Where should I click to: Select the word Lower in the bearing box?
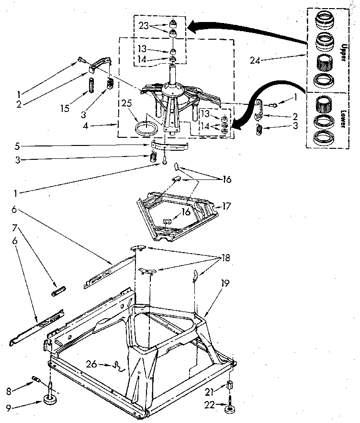pyautogui.click(x=343, y=118)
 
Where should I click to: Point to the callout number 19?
pyautogui.click(x=225, y=283)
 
